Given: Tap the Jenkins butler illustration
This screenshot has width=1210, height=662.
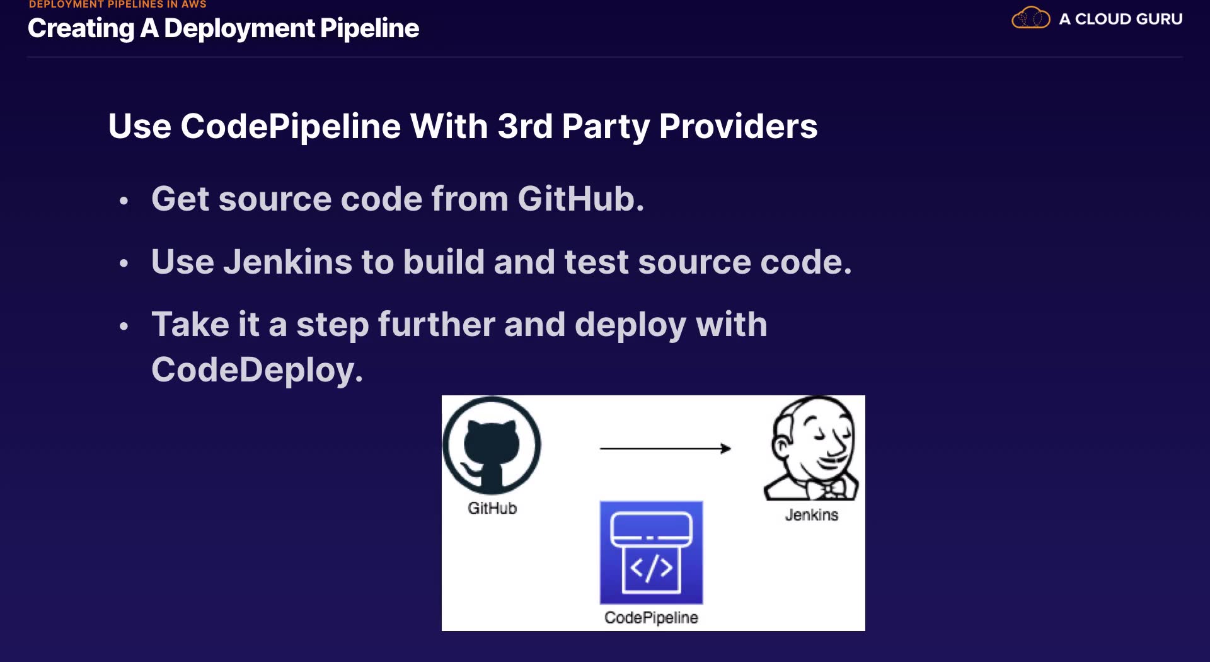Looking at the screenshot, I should coord(812,449).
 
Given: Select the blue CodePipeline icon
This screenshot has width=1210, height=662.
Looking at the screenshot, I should coord(651,552).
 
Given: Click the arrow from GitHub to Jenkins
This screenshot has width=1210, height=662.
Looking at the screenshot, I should coord(665,448).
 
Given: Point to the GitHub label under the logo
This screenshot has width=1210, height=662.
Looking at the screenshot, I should coord(492,508).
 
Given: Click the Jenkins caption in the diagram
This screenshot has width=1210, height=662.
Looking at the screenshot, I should coord(812,515).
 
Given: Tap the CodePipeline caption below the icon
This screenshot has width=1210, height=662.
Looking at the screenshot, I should coord(651,618).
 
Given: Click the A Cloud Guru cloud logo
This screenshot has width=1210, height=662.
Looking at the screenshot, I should coord(1030,18).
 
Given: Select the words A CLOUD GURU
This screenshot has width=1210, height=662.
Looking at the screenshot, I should coord(1121,19).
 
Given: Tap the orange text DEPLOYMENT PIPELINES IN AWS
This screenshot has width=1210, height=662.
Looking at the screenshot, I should coord(118,4).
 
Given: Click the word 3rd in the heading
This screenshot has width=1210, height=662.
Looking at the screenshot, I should coord(525,126).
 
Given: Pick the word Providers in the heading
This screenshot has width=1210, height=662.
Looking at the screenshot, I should coord(738,126).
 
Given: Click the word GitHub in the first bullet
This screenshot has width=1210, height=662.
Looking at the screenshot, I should coord(580,199).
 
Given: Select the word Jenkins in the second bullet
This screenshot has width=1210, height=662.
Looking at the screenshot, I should coord(287,262).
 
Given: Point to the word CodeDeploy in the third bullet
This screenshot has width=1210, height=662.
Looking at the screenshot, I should coord(256,369).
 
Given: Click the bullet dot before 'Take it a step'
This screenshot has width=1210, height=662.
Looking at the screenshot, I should coord(124,327).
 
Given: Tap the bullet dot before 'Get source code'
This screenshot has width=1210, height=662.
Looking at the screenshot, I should coord(124,201).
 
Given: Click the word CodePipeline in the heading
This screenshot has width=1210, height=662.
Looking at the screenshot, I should coord(291,126).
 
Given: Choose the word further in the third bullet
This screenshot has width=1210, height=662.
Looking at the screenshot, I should coord(436,325).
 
